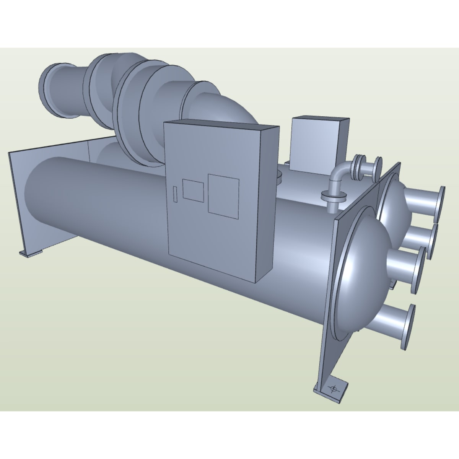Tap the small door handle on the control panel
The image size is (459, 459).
pos(175,193)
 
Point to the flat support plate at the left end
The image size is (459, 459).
pos(17,199)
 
